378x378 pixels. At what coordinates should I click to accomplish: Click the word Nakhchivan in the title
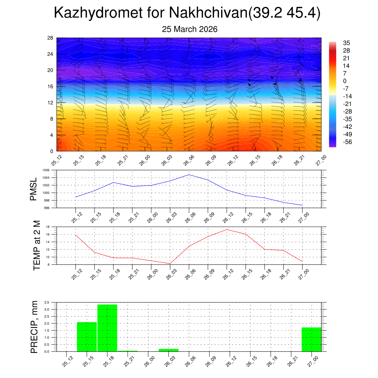(208, 13)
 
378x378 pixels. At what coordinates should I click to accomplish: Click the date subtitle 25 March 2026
(190, 29)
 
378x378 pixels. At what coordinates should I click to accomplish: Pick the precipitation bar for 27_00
(311, 339)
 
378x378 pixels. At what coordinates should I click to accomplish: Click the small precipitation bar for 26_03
(169, 350)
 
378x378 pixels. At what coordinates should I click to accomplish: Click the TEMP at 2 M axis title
(37, 245)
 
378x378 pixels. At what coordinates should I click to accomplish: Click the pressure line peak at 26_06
(189, 175)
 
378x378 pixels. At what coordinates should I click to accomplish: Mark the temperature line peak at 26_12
(227, 230)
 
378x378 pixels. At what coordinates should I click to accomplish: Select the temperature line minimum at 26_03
(170, 264)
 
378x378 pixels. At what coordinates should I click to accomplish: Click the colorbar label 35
(346, 43)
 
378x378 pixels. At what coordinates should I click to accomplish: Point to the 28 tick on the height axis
(50, 38)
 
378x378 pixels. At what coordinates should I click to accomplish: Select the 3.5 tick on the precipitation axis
(47, 302)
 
